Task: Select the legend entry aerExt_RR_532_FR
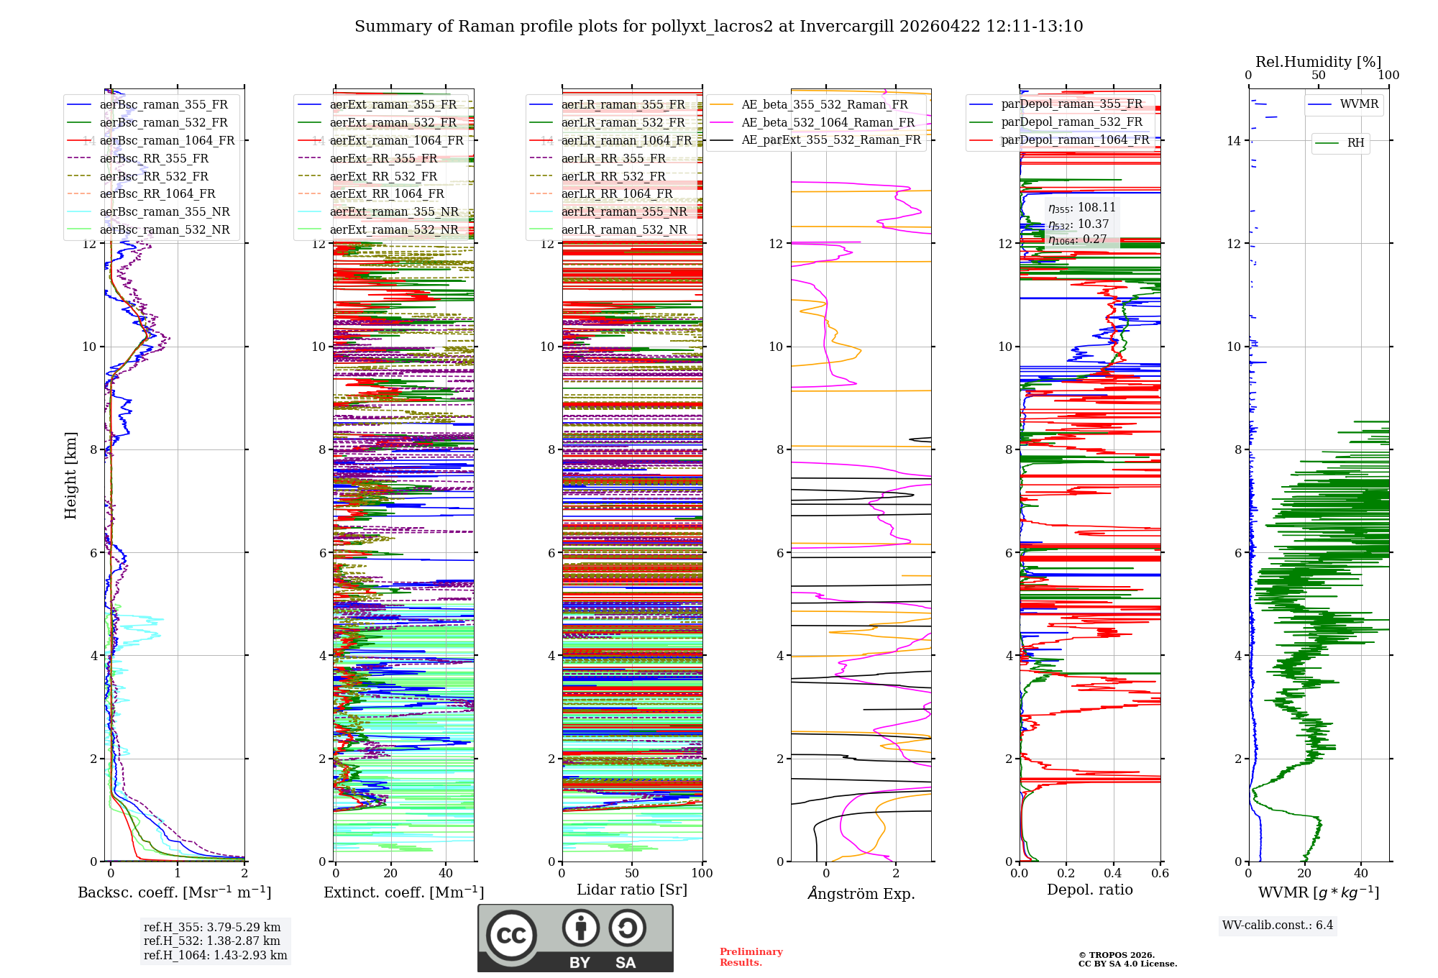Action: pos(383,176)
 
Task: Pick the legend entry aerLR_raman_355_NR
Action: pos(624,211)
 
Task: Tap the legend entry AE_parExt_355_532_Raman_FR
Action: pos(831,140)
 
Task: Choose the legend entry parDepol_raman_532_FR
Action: pos(1071,122)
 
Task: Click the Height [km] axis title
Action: pos(70,475)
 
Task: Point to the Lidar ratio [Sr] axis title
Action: pos(631,890)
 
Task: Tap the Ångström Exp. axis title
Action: pos(861,894)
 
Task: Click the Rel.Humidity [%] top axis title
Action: pos(1318,62)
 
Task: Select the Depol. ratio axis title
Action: pos(1089,890)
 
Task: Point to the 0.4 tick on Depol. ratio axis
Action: pos(1113,873)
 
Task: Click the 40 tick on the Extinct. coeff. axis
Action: pos(446,873)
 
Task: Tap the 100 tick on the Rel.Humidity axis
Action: pos(1388,75)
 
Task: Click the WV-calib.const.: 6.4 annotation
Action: pos(1277,925)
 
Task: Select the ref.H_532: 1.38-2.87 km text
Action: pos(212,941)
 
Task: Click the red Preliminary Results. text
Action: pos(751,956)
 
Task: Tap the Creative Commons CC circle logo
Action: pos(512,935)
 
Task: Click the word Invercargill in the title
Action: pos(846,27)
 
